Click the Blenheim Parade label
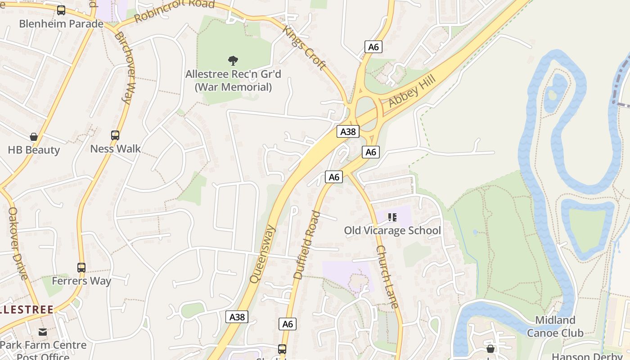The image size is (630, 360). [x=61, y=23]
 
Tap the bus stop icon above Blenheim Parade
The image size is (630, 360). [x=61, y=10]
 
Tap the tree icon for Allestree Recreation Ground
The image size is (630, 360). [x=233, y=60]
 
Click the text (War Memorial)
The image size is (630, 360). [x=233, y=87]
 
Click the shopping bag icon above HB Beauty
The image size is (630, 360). [x=33, y=136]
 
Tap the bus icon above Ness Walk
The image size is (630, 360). [x=115, y=135]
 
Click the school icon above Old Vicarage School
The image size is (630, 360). [x=392, y=218]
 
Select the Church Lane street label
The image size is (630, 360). [x=387, y=277]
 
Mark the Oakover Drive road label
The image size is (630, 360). [x=18, y=243]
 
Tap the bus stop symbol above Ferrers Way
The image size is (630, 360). [x=81, y=268]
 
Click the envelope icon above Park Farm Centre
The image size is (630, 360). [x=43, y=332]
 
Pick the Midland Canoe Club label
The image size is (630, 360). [x=555, y=327]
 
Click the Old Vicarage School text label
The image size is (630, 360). [x=392, y=231]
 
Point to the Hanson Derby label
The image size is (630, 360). [x=587, y=356]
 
